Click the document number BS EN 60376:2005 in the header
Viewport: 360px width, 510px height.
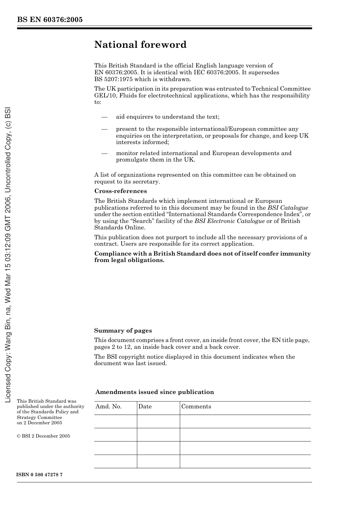[50, 20]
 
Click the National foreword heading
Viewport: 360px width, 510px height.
[140, 45]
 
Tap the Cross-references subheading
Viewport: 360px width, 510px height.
[121, 191]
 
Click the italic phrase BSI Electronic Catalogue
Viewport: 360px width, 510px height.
[230, 221]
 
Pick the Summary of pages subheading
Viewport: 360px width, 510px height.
[123, 331]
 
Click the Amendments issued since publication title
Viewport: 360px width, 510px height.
[155, 392]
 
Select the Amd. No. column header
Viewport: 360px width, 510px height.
[108, 406]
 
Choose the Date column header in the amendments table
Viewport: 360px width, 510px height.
[145, 406]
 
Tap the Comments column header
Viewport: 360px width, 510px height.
[196, 406]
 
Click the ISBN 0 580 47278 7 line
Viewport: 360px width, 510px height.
[40, 475]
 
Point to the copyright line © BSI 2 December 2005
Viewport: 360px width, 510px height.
[44, 436]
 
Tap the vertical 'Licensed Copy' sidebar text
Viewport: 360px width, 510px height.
[8, 254]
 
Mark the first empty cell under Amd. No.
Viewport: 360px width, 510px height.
[116, 421]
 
